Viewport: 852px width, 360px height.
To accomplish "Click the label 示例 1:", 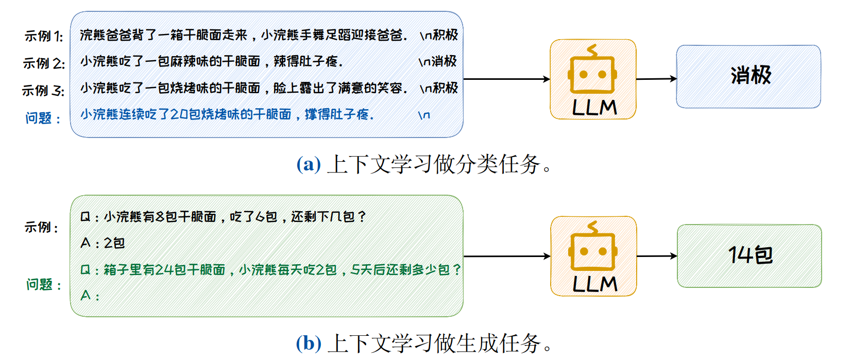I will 44,36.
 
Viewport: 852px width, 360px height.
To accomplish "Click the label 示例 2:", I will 44,63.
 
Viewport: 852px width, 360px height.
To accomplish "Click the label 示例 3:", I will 43,91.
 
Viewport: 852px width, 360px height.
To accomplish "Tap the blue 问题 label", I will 43,118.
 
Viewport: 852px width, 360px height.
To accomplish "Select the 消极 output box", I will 748,76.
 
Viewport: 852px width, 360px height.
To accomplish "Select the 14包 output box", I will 749,255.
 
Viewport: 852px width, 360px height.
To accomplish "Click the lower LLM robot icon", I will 593,247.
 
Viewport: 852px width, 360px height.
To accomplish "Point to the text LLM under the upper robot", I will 594,108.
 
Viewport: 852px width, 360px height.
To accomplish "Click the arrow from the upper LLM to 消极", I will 656,79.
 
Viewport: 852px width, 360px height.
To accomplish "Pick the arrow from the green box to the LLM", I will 507,256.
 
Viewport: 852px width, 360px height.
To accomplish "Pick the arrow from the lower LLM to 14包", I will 657,256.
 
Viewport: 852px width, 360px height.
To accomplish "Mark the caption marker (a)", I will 309,164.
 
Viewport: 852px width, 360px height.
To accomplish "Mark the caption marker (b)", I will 309,343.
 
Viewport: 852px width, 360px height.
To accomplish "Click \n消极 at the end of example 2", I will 437,61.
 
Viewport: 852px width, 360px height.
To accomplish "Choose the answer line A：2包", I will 103,243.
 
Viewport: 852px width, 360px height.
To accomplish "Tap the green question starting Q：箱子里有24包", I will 270,269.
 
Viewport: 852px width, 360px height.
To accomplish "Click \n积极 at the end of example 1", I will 438,35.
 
